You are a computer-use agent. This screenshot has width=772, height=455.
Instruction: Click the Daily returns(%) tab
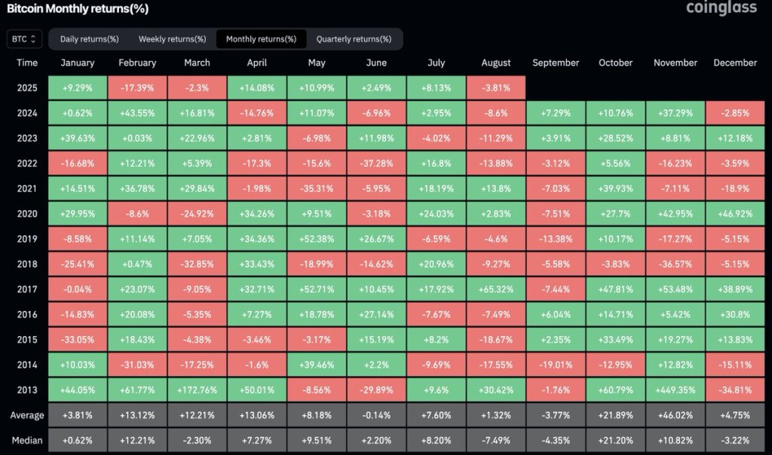[89, 38]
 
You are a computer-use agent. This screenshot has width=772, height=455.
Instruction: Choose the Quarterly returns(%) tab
[354, 38]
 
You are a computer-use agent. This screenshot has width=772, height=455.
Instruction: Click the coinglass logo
[720, 8]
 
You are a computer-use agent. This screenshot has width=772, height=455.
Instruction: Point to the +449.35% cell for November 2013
[675, 390]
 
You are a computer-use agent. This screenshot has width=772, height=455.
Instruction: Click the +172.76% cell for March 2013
[197, 390]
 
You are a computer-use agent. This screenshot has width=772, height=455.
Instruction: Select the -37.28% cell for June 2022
[376, 163]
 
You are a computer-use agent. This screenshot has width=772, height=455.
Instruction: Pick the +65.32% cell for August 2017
[496, 289]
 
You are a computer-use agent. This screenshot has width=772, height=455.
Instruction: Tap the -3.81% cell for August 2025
[496, 87]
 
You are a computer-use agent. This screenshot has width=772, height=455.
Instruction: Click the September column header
[556, 63]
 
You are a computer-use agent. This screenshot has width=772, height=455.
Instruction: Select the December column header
[735, 63]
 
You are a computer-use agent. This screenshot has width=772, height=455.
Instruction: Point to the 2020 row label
[27, 214]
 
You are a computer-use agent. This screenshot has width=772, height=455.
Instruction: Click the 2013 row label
[27, 390]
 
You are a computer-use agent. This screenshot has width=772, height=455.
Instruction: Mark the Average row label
[27, 415]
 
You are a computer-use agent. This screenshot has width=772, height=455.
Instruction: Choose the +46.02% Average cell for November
[675, 415]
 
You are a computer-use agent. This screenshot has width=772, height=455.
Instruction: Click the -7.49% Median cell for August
[496, 440]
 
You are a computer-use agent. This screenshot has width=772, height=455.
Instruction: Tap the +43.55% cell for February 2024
[137, 113]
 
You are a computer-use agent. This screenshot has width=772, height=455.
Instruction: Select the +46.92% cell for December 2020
[735, 214]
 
